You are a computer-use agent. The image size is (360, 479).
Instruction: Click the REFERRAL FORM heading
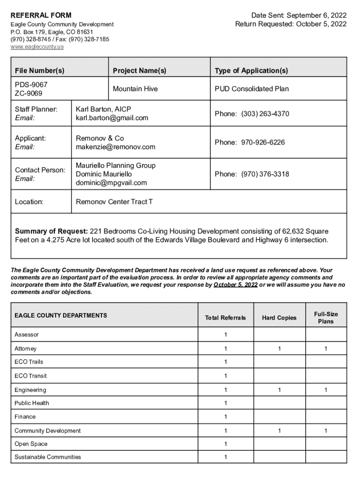41,15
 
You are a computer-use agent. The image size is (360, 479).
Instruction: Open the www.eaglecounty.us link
37,47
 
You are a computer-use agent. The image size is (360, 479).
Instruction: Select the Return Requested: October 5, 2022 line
291,24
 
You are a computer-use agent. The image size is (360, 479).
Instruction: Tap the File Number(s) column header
40,71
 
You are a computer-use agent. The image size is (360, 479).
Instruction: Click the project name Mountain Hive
136,89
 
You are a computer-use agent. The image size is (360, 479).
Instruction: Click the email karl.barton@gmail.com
112,118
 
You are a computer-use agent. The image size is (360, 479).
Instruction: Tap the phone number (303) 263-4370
265,114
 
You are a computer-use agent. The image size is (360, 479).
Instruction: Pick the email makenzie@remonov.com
115,147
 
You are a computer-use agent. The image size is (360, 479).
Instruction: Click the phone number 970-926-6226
263,142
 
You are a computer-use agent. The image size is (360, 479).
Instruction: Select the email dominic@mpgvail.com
111,183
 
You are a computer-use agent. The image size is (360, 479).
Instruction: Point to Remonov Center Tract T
114,202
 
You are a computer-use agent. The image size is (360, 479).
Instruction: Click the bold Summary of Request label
51,232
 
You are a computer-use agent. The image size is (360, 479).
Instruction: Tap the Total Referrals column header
225,318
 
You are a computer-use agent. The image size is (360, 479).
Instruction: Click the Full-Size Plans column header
326,318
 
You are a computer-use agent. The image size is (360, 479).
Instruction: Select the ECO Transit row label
30,376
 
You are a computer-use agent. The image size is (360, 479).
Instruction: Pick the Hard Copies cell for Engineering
279,390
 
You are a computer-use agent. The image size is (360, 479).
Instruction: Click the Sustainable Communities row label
48,457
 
